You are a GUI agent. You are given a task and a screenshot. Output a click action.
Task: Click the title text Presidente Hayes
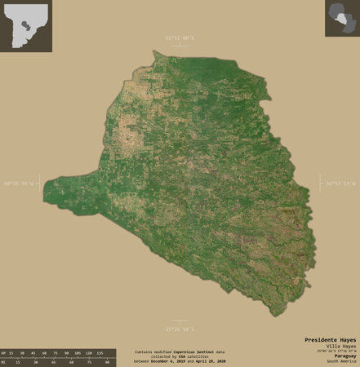(331, 338)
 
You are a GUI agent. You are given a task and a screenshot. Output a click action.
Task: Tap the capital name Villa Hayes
(340, 346)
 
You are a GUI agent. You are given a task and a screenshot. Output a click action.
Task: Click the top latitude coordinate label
(180, 38)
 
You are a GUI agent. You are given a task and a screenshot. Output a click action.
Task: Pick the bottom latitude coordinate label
(180, 329)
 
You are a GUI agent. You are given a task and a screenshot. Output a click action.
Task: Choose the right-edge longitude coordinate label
(338, 183)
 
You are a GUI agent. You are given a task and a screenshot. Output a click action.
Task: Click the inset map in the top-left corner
(26, 26)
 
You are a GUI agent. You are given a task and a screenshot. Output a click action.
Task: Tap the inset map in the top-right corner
(342, 18)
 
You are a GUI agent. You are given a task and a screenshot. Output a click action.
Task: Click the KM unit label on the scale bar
(4, 352)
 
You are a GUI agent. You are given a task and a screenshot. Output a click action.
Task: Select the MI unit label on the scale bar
(4, 361)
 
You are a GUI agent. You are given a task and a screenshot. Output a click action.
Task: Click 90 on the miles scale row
(107, 361)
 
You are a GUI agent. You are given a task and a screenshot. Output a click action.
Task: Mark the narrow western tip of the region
(47, 190)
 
